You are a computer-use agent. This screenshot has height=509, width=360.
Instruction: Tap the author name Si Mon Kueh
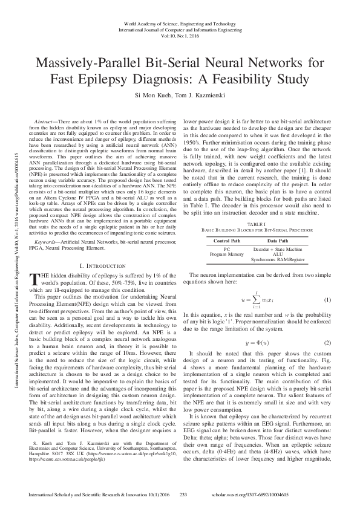coord(155,96)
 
